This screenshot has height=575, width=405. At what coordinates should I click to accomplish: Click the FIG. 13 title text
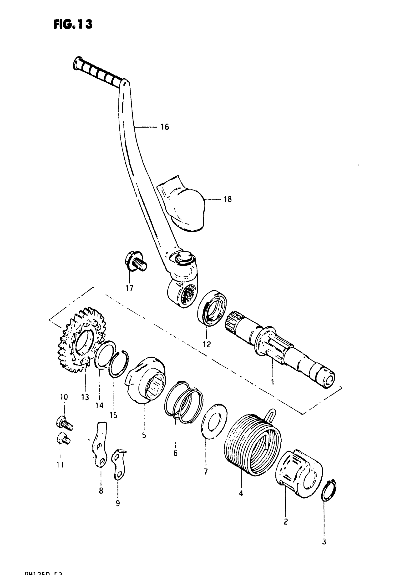tap(73, 24)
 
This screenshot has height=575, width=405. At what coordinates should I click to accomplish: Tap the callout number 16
tap(165, 127)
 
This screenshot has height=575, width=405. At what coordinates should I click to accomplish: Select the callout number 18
tap(228, 199)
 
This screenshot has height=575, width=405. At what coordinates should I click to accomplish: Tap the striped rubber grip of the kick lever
tap(98, 71)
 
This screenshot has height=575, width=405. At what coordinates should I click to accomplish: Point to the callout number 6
tap(175, 453)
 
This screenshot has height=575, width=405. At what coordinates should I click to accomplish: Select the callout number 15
tap(113, 415)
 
